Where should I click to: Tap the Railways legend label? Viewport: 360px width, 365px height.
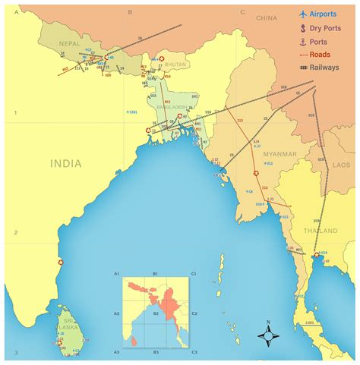328,68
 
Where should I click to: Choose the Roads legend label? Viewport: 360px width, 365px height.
324,55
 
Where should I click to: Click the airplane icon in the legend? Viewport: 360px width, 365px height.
302,14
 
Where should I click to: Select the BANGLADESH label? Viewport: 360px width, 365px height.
172,107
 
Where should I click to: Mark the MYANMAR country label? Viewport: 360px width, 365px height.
279,154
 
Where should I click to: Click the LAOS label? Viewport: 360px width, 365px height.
341,165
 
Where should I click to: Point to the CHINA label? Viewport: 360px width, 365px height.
267,17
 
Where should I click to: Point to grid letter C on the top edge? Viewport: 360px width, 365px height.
242,12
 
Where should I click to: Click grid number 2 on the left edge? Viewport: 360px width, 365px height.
15,232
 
